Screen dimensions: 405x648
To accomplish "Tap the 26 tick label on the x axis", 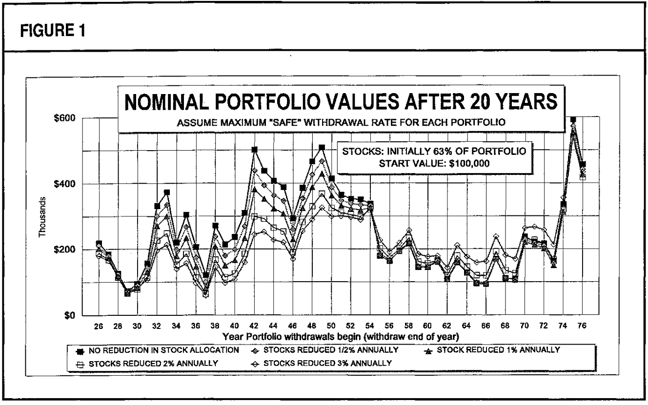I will pyautogui.click(x=99, y=327).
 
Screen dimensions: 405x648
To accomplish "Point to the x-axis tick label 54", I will pyautogui.click(x=370, y=327).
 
